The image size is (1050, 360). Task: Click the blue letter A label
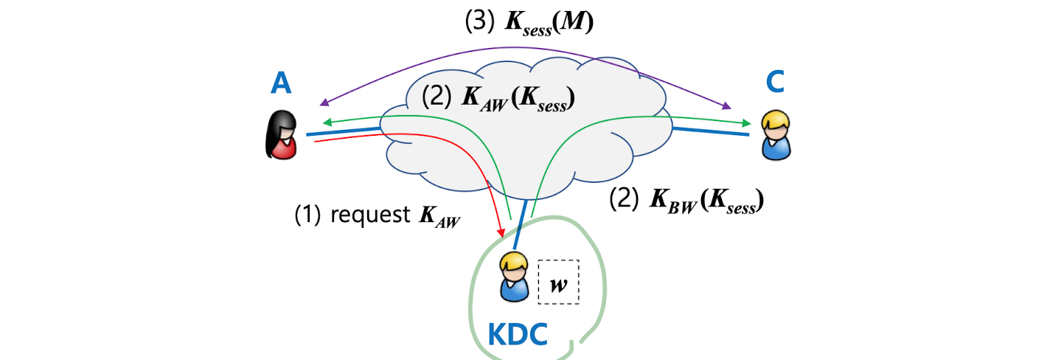(281, 83)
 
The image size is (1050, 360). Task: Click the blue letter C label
(774, 83)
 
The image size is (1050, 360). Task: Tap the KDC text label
(518, 335)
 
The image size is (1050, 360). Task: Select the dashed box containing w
(558, 282)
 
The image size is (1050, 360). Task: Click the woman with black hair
(281, 136)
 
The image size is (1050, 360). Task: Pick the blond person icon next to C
(774, 136)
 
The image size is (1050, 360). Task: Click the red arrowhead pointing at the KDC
(504, 232)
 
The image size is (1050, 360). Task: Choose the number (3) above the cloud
(479, 22)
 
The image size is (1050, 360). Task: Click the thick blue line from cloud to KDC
(521, 225)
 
